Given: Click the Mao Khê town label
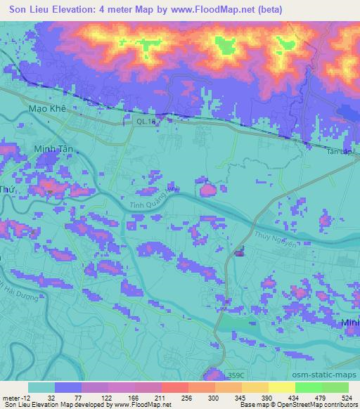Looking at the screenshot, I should (47, 110).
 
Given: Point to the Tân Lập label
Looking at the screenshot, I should (340, 150).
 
